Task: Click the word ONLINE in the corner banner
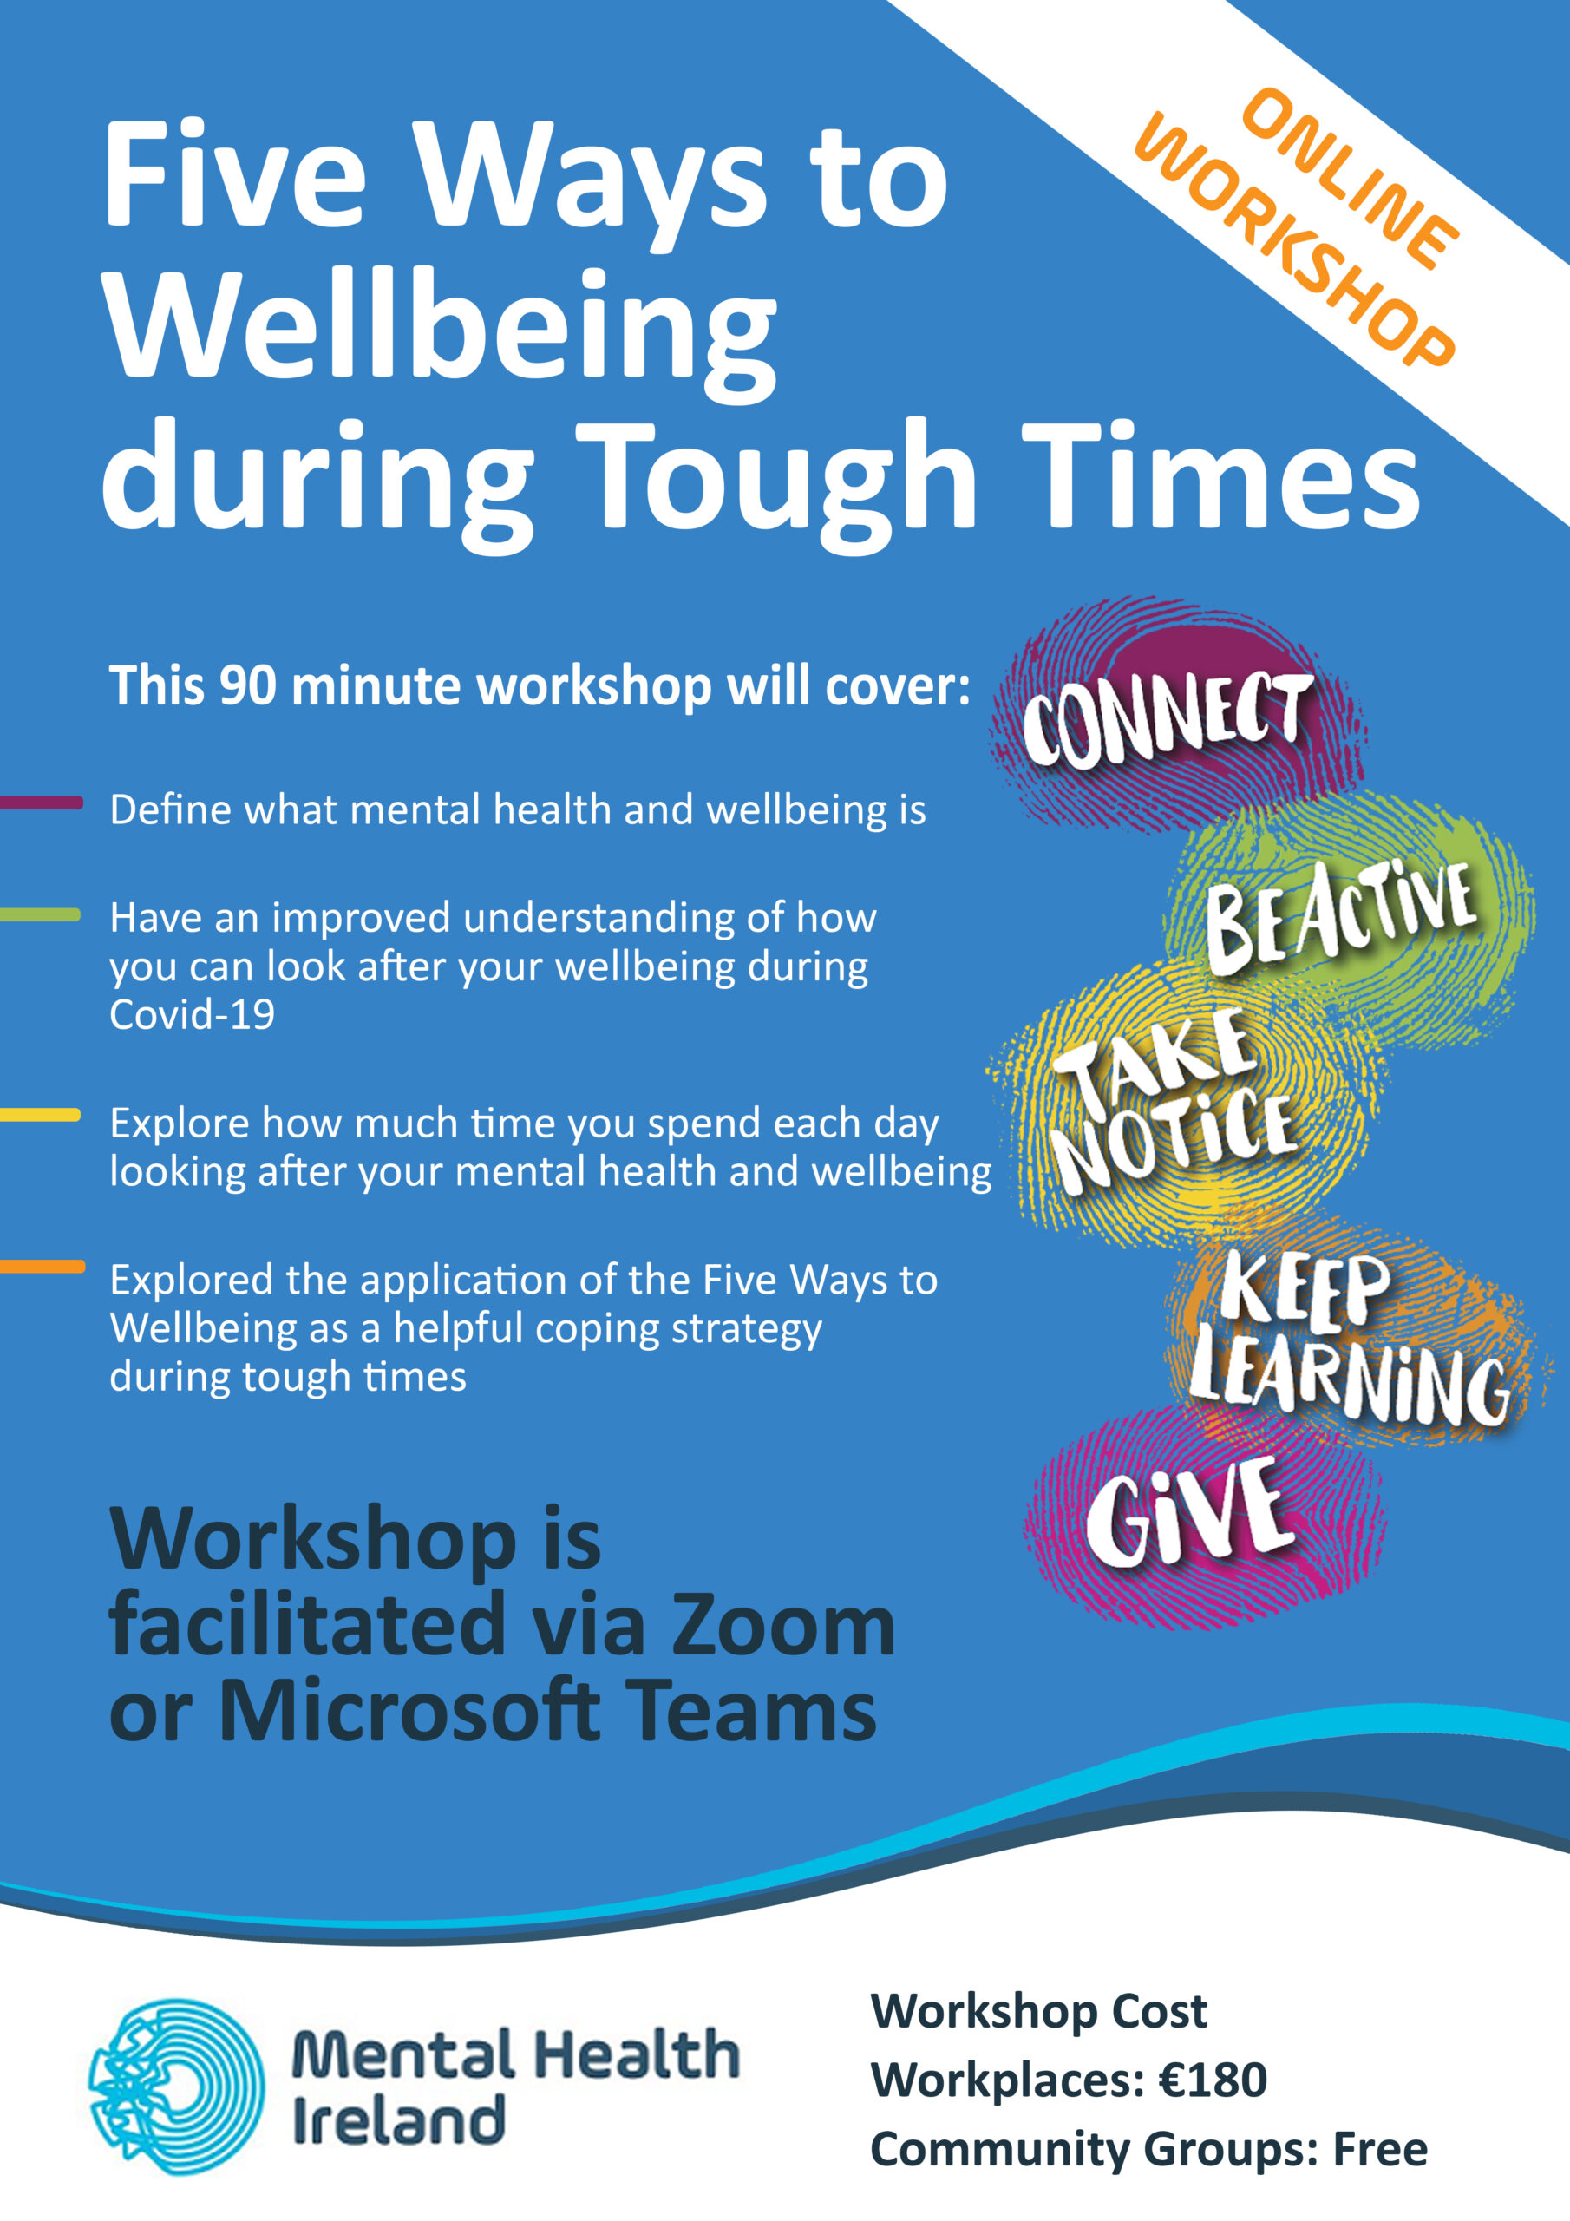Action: [1350, 179]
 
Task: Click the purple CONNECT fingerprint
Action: [1176, 717]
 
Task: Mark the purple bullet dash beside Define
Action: [41, 802]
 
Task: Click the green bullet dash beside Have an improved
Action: [41, 914]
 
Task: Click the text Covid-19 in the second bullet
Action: [193, 1015]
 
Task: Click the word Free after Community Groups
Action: [1380, 2149]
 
